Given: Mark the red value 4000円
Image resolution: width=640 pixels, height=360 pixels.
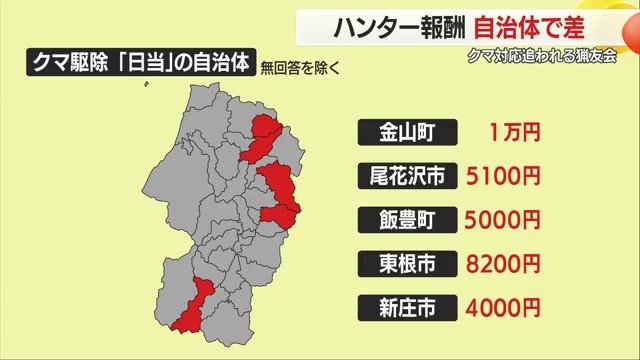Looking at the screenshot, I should click(504, 307).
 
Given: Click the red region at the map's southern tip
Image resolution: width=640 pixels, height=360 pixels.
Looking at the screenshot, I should click(191, 306).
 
